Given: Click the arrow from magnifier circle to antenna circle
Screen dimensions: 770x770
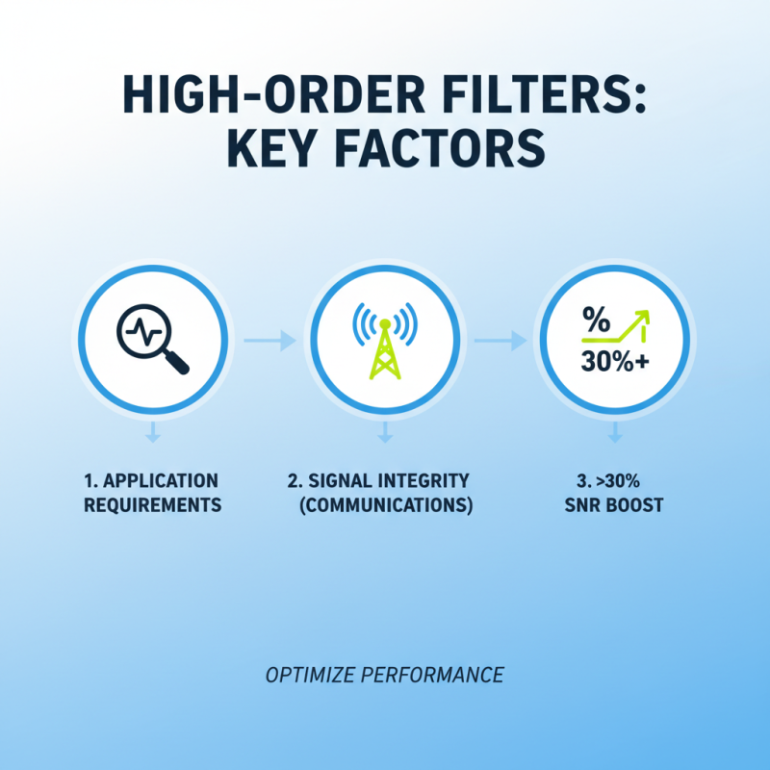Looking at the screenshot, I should tap(269, 340).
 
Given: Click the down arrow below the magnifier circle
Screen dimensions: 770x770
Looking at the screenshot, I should tap(151, 437).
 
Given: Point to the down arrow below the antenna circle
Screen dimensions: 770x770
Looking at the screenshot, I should tap(384, 437).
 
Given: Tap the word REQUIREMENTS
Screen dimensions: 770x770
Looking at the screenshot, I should tap(151, 504).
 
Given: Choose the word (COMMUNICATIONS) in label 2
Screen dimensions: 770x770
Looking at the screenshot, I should tap(384, 504).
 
